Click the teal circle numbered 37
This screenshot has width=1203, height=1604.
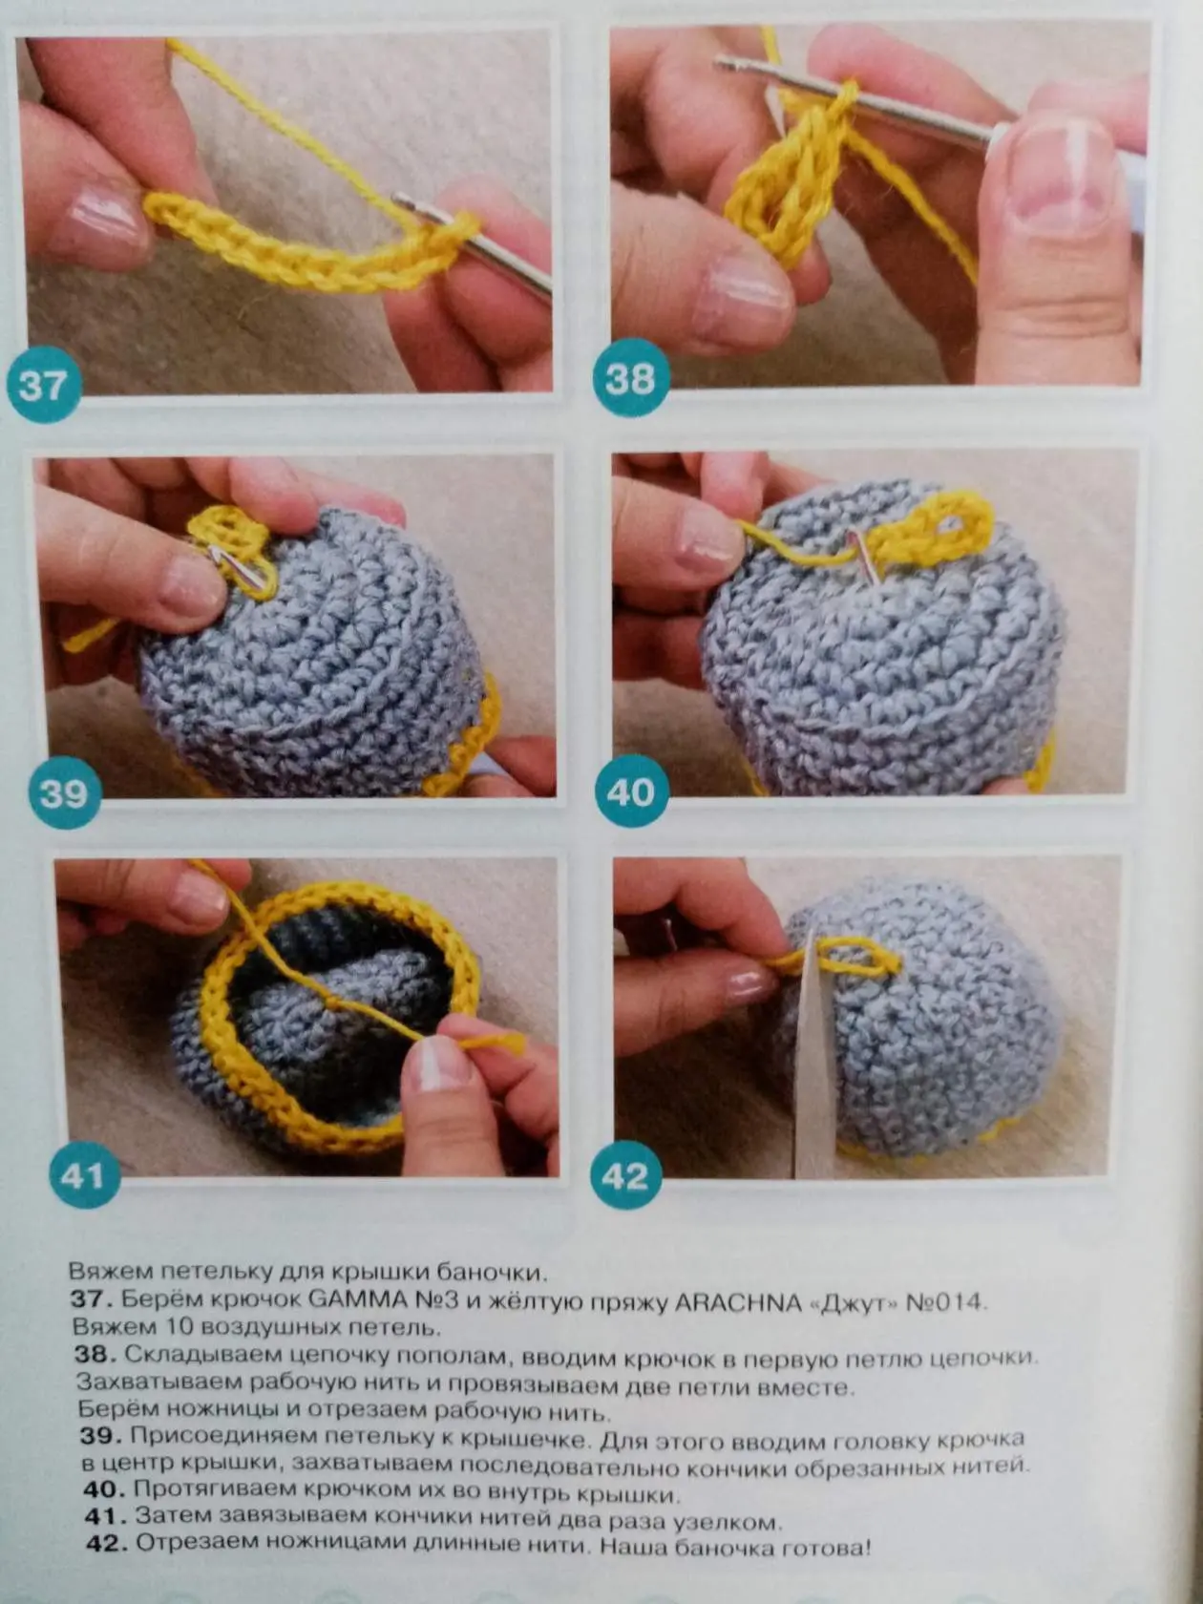pos(43,385)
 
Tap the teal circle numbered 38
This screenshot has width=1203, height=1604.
pos(631,378)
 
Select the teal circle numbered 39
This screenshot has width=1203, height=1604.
pos(64,792)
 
